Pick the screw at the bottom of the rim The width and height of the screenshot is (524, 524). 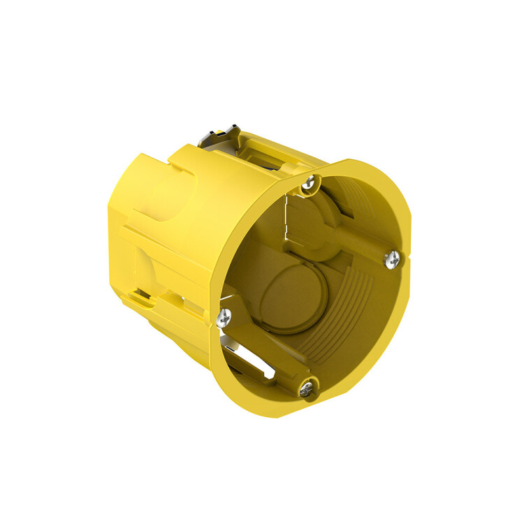coord(307,388)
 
